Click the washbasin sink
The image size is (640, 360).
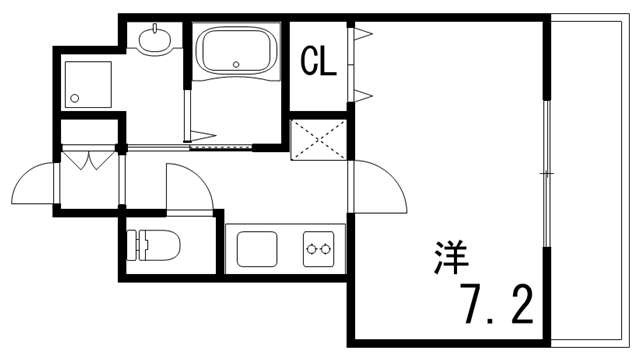click(x=156, y=41)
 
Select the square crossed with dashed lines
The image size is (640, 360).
click(x=318, y=139)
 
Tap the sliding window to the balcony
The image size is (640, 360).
click(x=546, y=175)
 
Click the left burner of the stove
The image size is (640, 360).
click(x=312, y=247)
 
